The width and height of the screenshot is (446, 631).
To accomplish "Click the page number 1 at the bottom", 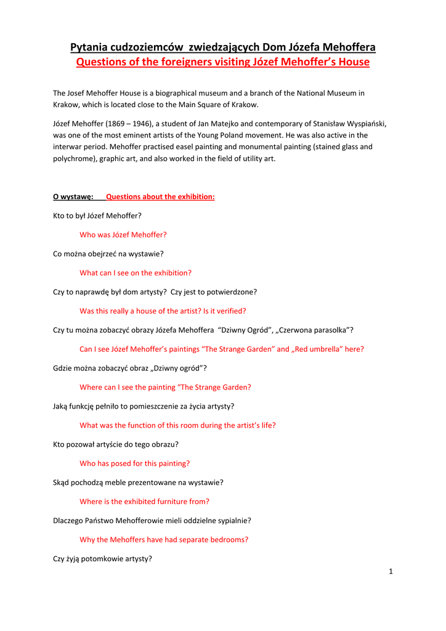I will point(391,571).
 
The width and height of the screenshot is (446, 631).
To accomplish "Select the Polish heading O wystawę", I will point(73,197).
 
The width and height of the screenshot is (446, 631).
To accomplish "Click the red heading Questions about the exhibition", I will point(160,197).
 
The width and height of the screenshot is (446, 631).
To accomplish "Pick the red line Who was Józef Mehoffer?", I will point(123,235).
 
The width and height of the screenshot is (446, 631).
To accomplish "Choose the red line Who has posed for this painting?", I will point(135,463).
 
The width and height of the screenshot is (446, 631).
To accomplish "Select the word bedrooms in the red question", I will point(227,540).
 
